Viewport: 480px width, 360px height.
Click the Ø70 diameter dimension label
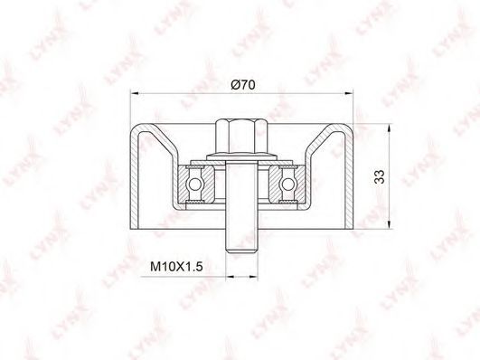tap(243, 84)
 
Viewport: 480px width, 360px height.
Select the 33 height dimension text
tap(380, 176)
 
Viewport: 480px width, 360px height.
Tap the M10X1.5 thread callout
tap(176, 266)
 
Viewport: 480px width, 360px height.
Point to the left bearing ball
tap(194, 185)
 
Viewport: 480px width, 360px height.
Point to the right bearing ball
tap(287, 185)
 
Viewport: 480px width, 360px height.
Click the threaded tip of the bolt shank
tap(241, 248)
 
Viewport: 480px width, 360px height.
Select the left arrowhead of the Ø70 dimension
tap(135, 93)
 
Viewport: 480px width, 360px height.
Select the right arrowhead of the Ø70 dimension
tap(349, 93)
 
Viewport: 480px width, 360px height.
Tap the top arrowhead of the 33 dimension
tap(389, 128)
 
